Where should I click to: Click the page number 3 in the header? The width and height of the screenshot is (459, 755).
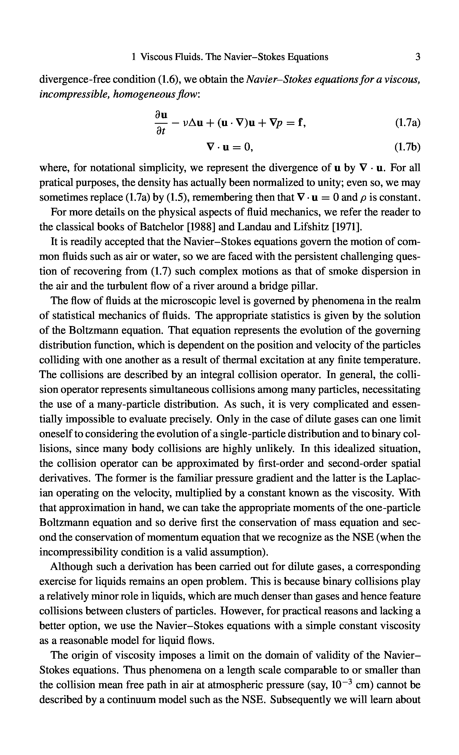418,57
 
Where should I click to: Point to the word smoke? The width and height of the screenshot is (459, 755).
341,272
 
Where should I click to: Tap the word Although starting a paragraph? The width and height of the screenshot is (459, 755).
71,567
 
